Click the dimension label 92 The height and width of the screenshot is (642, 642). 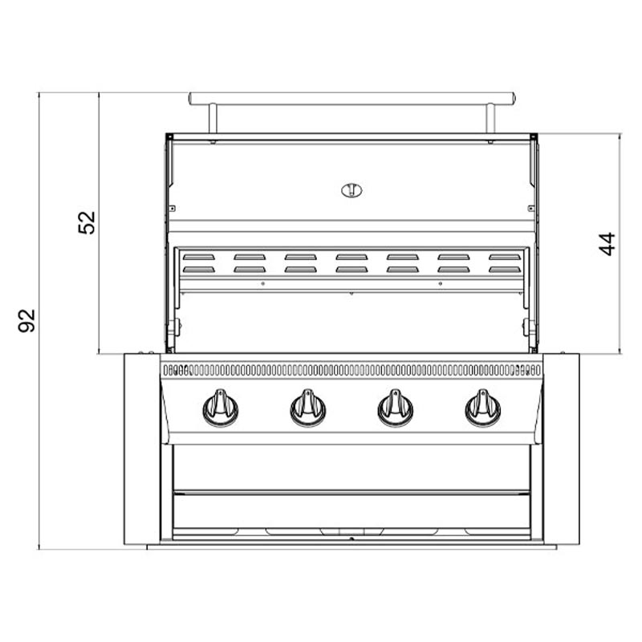pos(26,320)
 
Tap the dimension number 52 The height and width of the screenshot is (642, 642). pos(87,222)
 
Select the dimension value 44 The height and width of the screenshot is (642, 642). pos(607,244)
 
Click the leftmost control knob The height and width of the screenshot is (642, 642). pos(221,408)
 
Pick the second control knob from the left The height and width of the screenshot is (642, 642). pos(308,408)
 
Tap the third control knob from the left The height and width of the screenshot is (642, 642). pos(396,408)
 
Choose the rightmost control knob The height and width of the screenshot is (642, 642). pos(483,408)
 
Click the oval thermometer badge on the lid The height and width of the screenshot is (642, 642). pos(351,190)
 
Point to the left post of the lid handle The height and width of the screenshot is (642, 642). pos(213,118)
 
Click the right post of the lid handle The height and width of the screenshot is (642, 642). pos(490,118)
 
